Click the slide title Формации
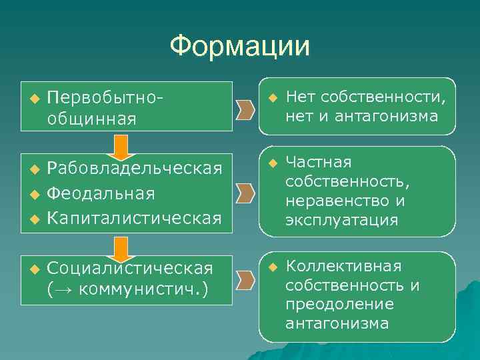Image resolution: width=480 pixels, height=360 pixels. [239, 47]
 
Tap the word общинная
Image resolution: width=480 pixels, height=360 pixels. [92, 119]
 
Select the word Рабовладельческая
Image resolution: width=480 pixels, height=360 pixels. [135, 169]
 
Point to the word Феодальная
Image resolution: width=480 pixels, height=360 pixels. [101, 193]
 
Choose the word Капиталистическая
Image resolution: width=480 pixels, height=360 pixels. [135, 217]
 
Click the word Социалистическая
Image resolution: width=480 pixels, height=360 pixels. [130, 268]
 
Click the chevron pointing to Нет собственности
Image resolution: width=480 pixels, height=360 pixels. [245, 108]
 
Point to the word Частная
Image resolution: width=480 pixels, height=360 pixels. [318, 163]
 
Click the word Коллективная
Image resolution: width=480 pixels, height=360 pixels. [343, 267]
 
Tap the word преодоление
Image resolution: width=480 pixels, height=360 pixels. [339, 305]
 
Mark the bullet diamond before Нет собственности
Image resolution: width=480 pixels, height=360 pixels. [272, 98]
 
